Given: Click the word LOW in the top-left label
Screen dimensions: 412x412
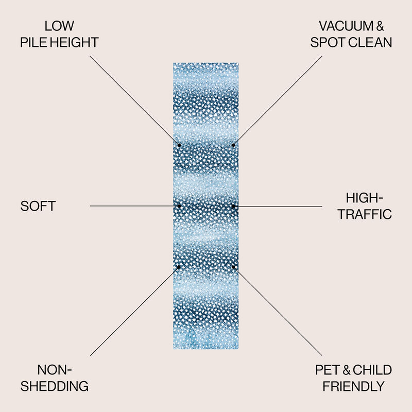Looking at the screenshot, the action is pos(59,26).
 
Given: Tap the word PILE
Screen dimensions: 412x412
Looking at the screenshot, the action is pos(33,42).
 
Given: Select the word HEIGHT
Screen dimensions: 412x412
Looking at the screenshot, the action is pos(74,42).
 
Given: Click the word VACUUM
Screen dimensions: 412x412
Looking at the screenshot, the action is pos(346,26).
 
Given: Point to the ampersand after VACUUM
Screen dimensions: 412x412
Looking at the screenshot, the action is pos(380,26).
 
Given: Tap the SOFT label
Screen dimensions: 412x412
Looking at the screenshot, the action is pos(38,206).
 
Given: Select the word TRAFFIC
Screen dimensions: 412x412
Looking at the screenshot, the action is pos(365,214).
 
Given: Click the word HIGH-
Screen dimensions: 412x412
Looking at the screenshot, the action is pos(365,198).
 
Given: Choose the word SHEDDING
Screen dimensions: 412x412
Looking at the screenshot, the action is pos(55,386).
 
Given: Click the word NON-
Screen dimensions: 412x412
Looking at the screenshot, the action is pos(55,370).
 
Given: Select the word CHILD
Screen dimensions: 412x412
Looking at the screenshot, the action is pos(372,370).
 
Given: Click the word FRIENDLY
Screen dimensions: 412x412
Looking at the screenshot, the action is pos(354,386).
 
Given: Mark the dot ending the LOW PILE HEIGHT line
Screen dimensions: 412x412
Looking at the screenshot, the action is pos(179,145).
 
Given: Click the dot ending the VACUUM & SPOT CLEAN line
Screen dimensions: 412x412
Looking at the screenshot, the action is pos(233,145).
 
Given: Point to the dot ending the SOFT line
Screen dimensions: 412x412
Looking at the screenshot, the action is pos(179,207).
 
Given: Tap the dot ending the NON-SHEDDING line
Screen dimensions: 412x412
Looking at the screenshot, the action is pos(179,267).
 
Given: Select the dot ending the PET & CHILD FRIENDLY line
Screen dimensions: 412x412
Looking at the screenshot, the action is pos(233,267).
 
